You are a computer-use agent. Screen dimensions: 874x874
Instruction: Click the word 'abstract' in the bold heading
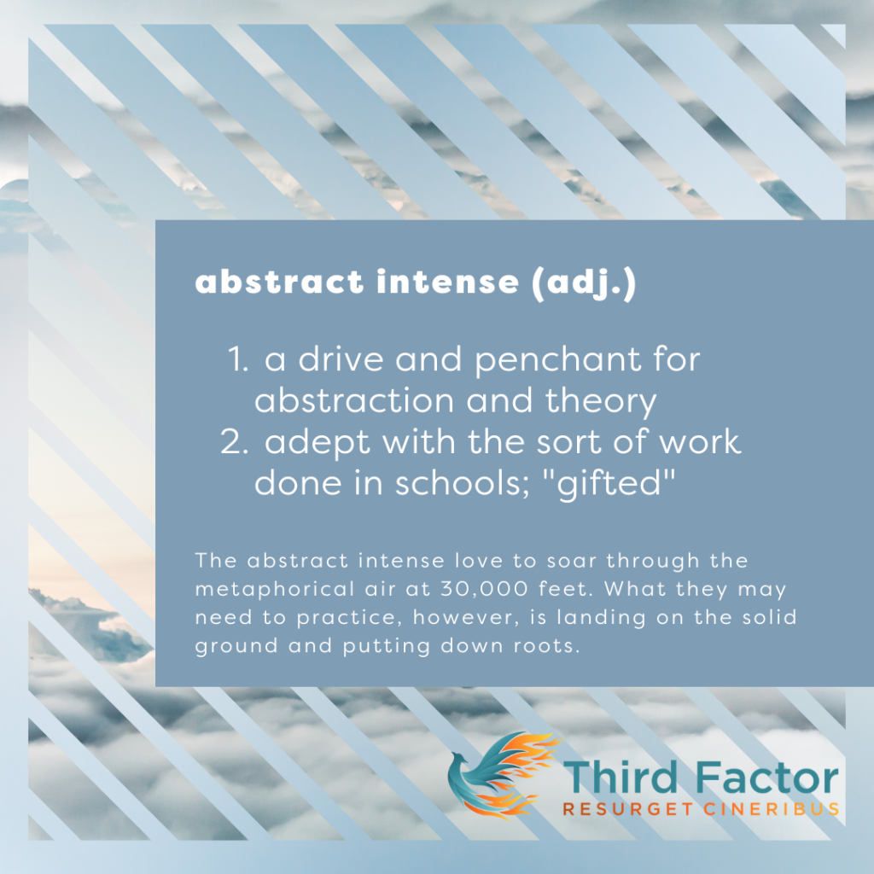[279, 281]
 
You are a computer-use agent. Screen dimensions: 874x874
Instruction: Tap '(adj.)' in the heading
[584, 283]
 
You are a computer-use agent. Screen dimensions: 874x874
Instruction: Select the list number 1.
[238, 359]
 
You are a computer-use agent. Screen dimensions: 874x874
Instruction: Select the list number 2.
[234, 441]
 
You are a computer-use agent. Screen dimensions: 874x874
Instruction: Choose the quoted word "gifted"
[608, 483]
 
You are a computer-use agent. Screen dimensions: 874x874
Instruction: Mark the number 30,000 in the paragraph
[484, 589]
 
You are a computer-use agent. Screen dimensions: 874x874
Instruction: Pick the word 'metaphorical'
[275, 590]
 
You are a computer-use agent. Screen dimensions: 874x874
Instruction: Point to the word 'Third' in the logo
[621, 777]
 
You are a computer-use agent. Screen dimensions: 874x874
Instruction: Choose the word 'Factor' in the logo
[767, 777]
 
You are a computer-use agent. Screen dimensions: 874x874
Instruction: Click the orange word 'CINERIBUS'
[772, 809]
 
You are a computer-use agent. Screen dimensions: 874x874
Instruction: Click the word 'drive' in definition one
[341, 359]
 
